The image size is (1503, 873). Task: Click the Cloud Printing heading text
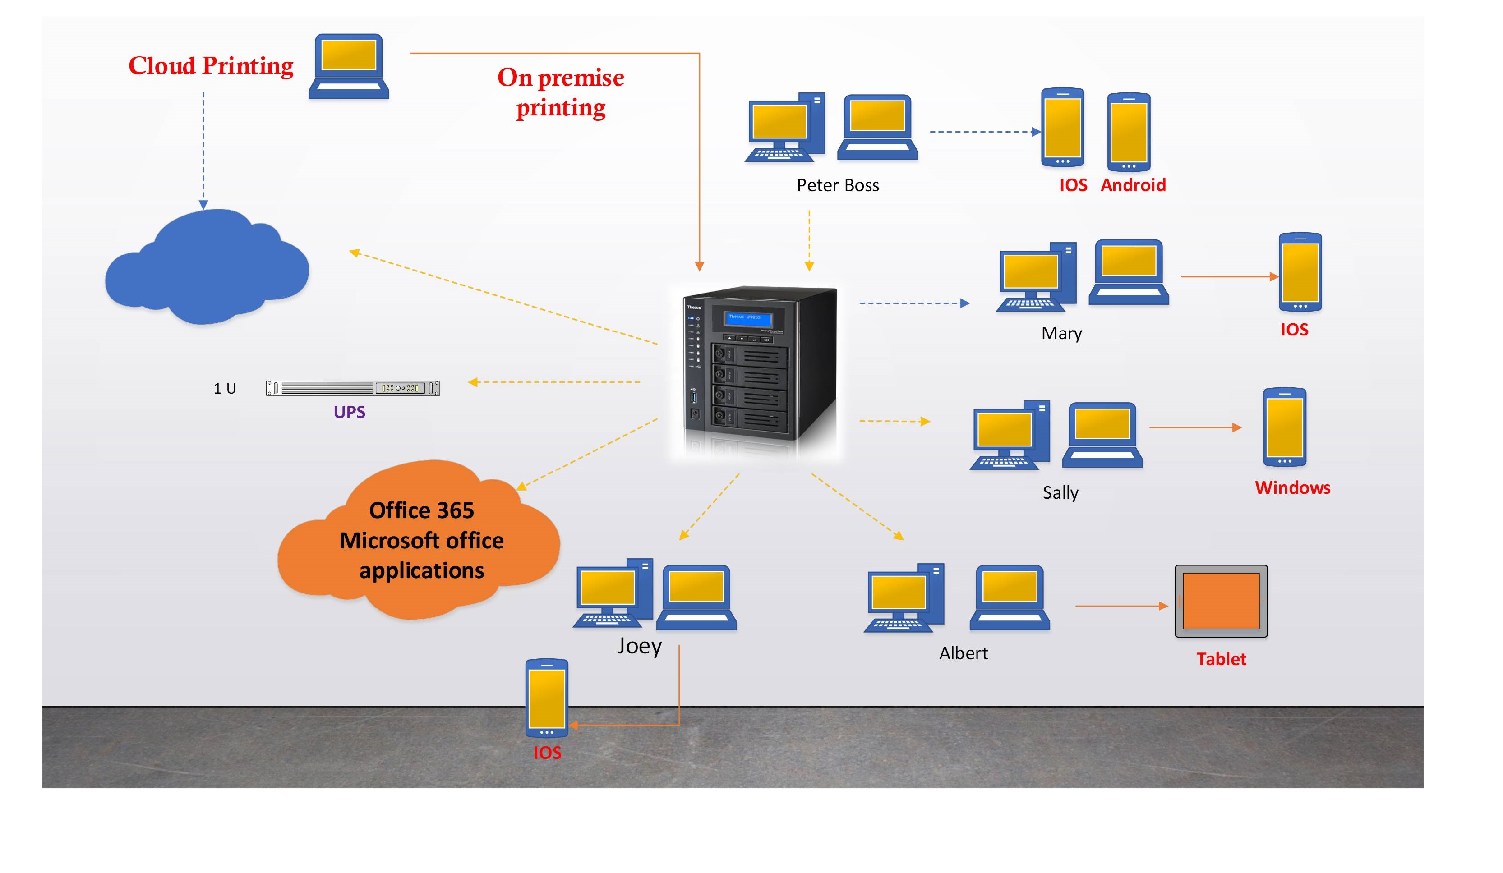pos(211,65)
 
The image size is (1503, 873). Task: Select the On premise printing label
pos(561,92)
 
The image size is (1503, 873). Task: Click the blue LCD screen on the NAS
pos(748,318)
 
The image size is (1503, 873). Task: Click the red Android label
pos(1133,185)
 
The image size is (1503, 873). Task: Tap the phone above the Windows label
pos(1284,427)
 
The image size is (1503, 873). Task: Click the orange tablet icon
pos(1221,601)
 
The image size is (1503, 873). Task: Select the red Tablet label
pos(1221,659)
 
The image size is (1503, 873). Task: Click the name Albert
pos(963,653)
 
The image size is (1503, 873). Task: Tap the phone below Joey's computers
pos(546,698)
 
